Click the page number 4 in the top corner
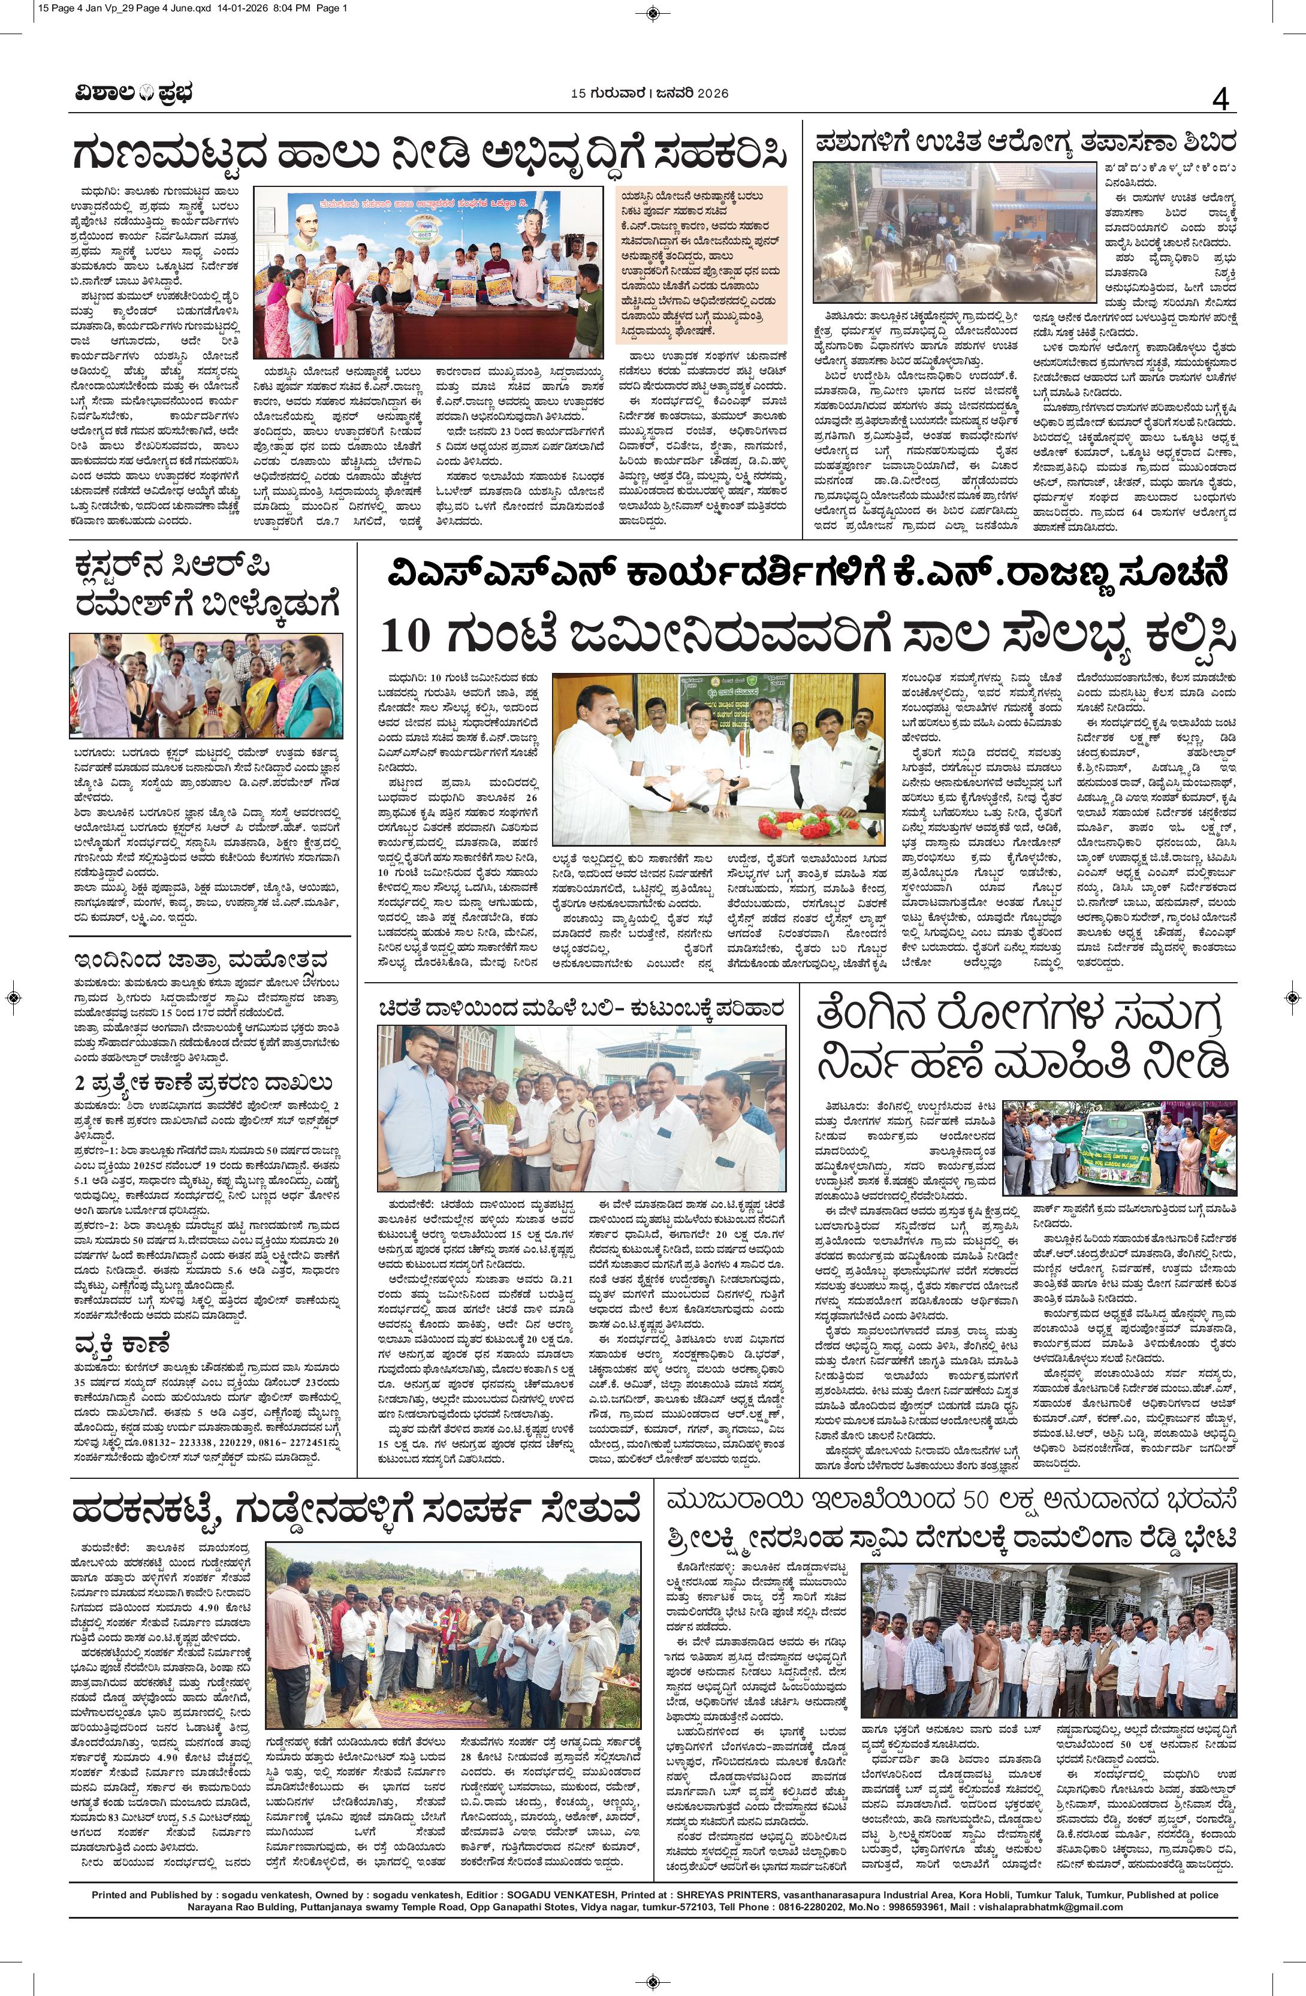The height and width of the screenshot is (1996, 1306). click(1220, 101)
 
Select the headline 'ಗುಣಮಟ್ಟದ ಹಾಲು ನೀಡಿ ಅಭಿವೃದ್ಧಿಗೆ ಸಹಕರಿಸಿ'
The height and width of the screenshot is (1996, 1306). click(430, 153)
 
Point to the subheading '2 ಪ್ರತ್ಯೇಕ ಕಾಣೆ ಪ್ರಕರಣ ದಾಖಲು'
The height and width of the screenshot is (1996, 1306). click(200, 1081)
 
